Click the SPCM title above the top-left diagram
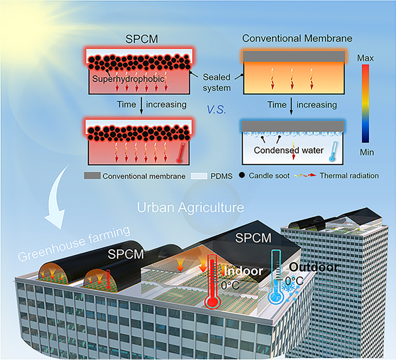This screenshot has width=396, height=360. click(142, 39)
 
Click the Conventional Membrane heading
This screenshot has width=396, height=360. click(297, 38)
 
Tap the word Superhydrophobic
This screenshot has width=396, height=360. click(128, 79)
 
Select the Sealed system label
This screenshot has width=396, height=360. click(216, 82)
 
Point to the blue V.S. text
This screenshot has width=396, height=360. click(216, 109)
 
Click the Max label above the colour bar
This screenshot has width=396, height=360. click(366, 58)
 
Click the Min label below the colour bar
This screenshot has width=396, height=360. click(367, 152)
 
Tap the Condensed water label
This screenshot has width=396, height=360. click(289, 150)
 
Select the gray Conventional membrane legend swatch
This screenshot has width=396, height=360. click(92, 176)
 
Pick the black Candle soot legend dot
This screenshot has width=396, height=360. click(242, 175)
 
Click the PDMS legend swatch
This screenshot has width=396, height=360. click(199, 176)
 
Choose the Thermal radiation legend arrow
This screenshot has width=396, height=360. click(305, 175)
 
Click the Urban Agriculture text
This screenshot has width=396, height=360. click(191, 208)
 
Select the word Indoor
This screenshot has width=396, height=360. click(243, 271)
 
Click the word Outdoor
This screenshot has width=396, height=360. click(313, 267)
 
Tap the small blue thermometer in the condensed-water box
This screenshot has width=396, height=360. click(333, 152)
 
